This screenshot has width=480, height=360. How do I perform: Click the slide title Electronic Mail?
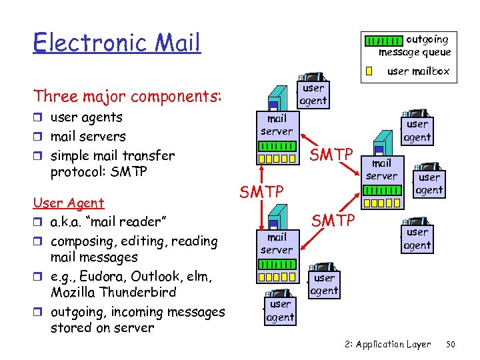click(x=117, y=43)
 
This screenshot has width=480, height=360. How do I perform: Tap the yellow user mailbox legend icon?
click(x=369, y=71)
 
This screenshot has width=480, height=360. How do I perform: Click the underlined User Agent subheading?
click(x=69, y=203)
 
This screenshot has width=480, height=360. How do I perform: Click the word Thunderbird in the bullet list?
click(x=136, y=292)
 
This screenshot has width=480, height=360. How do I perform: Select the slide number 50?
click(x=450, y=345)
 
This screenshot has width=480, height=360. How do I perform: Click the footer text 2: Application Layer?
click(x=388, y=345)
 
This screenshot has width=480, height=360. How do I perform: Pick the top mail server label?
click(x=276, y=125)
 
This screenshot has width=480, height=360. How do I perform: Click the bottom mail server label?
click(x=276, y=243)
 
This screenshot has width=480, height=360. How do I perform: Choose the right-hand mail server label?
click(x=381, y=169)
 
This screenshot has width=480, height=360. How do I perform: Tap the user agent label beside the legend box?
click(x=313, y=94)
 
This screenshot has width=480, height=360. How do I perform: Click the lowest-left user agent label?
click(x=280, y=311)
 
